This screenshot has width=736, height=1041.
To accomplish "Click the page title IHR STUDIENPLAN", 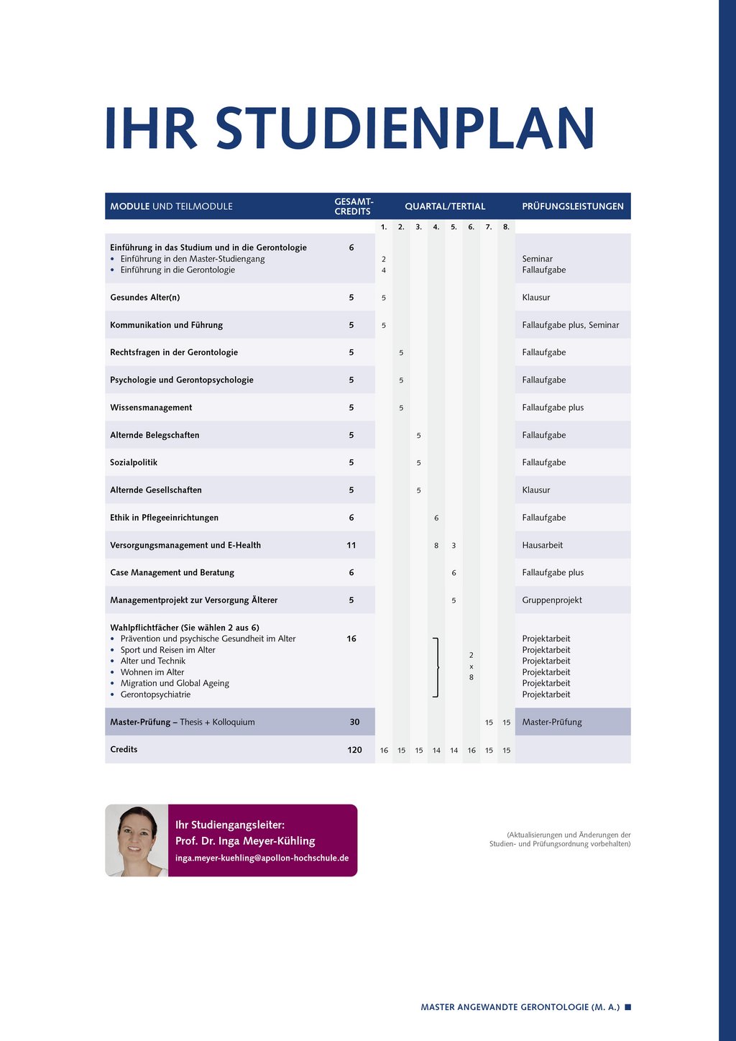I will point(349,129).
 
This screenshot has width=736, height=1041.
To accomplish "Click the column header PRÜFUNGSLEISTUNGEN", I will point(573,206).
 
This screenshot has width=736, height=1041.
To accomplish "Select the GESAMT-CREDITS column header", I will point(354,206).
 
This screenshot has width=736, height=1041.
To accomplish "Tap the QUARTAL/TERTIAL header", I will point(445,206).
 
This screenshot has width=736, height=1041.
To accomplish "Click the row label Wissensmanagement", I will point(151,408).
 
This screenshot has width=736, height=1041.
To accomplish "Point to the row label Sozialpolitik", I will point(134,462).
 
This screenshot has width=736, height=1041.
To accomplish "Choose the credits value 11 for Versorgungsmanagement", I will point(351,545).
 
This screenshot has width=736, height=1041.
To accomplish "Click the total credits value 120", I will point(354,750).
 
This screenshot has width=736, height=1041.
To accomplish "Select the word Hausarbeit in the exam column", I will point(543,545).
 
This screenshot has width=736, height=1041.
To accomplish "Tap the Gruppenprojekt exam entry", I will point(552,600).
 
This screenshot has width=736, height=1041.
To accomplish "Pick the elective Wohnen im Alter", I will point(152,672).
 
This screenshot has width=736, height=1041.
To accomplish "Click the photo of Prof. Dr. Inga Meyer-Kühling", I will point(137,840).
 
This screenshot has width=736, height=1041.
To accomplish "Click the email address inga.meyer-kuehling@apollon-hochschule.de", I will point(262,858).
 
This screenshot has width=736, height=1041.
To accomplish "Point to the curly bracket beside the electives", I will point(436,667).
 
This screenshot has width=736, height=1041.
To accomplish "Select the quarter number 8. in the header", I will point(506,227).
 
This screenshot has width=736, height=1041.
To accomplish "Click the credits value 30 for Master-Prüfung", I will point(354,722).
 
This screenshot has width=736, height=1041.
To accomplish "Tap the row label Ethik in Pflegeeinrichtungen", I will point(164,518).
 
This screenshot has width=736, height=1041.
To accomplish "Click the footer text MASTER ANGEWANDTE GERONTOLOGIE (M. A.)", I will point(520,1007).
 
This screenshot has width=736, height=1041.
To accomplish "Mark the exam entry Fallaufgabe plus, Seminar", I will point(571,325).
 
